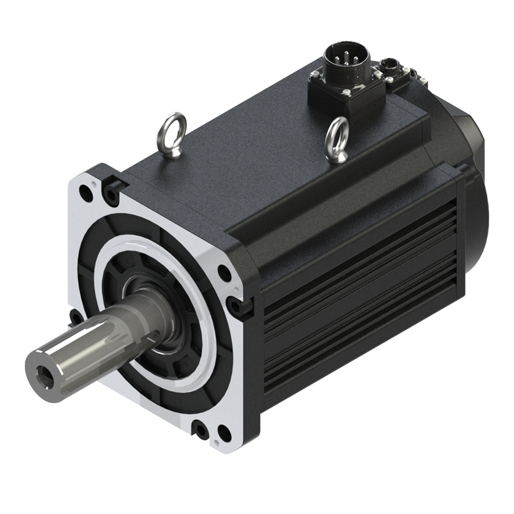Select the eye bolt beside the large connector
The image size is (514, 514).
pos(337,138)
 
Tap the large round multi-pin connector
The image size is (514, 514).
pos(342,60)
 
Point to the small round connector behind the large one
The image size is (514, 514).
pos(391,65)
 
